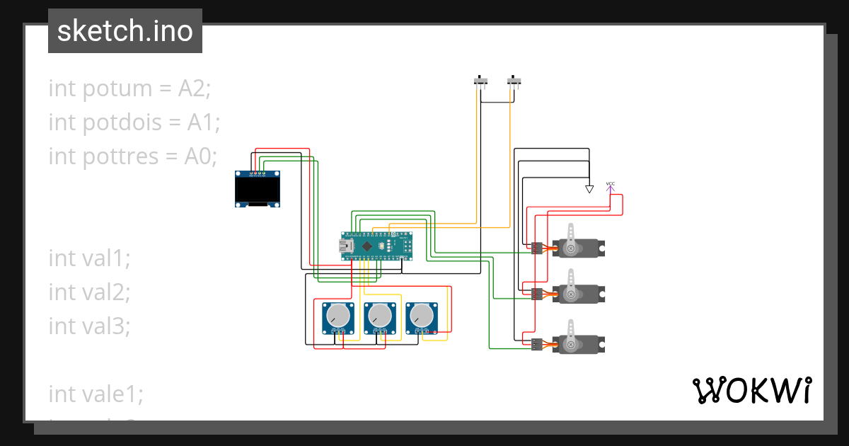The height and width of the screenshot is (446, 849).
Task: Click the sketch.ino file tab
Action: pos(125,31)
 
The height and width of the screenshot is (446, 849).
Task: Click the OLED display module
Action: pos(258,189)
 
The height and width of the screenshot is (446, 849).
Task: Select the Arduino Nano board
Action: pos(376,246)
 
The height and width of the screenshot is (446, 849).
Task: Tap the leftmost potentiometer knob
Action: pos(339,316)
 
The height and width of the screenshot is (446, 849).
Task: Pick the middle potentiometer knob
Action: pos(381,316)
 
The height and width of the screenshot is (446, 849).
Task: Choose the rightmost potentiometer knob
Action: pos(422,316)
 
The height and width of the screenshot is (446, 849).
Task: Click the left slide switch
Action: pos(481,81)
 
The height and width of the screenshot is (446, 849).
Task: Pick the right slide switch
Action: pos(515,81)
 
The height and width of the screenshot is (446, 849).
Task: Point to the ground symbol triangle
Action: pos(589,189)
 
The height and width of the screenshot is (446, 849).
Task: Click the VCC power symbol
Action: pos(610,185)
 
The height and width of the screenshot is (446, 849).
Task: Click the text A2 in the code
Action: pos(195,88)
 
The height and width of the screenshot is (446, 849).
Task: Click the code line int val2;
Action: pos(89,292)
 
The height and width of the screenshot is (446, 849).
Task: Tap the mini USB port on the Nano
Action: pos(345,246)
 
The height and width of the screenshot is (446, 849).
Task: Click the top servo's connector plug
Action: pos(537,248)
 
